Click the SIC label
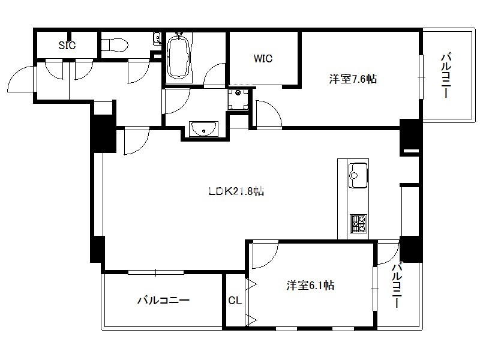(67, 46)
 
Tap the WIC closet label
(263, 58)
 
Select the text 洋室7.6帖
(353, 79)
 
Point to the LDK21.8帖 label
(236, 191)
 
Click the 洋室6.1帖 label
(310, 286)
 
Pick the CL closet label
(235, 301)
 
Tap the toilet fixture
(114, 46)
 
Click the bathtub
(179, 56)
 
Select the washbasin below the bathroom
(203, 129)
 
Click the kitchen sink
(358, 175)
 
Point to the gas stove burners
(358, 223)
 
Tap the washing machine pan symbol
(238, 99)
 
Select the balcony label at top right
(446, 76)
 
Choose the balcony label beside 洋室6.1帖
(397, 286)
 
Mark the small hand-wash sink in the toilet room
(157, 38)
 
